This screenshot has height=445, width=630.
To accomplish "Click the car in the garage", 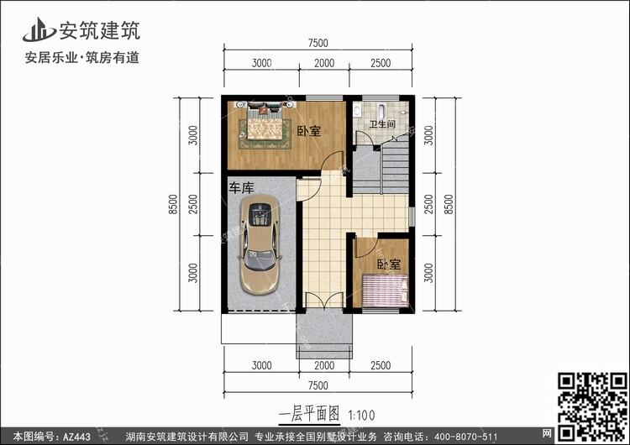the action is coord(260,244).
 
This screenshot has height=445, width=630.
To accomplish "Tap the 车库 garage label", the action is coord(241,187).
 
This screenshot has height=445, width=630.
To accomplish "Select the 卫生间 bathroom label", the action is coord(382,124).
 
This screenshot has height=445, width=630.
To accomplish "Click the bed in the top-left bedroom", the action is coord(265,123).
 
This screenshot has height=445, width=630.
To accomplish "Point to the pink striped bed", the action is coord(386,291).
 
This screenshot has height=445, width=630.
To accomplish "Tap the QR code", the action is coord(592,406).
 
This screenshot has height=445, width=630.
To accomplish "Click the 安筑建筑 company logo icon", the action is coord(39,29).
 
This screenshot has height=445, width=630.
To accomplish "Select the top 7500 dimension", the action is coord(318,43).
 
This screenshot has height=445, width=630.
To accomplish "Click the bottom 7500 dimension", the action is coord(318,385).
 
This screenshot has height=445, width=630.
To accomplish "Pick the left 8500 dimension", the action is coord(173,204).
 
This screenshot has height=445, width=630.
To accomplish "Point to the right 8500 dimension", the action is coord(449,204).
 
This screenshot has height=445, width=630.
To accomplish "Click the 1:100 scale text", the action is coord(361,415).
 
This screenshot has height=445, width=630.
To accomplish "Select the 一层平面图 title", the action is coord(309,414).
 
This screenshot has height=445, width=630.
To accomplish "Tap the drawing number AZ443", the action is coord(76,436).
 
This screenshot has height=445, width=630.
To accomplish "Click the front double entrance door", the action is coord(324,301).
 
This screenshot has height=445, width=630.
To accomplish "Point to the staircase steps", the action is coord(395,164).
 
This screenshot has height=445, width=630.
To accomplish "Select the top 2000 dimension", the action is coord(324,63).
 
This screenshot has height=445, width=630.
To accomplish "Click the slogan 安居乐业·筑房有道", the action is coord(82,58).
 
